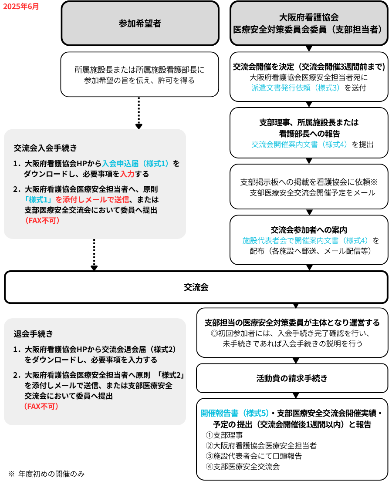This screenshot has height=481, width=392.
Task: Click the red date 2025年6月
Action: [x=21, y=7]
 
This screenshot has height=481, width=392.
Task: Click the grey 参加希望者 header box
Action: [x=140, y=24]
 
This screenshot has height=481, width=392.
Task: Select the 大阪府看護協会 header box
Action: [x=309, y=24]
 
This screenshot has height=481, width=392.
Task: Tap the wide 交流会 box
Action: [x=196, y=287]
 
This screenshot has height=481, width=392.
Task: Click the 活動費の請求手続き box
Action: [x=292, y=378]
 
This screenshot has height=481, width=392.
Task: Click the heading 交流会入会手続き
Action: [x=45, y=147]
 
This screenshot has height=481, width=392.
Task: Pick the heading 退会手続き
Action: [x=34, y=334]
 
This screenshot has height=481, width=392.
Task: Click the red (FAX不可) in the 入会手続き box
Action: [x=42, y=221]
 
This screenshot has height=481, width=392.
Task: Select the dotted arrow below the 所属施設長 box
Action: [x=139, y=113]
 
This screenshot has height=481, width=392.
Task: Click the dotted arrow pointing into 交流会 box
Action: [x=94, y=255]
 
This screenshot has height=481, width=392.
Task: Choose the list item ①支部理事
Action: [x=224, y=435]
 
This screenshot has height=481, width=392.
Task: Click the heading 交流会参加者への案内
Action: [x=309, y=230]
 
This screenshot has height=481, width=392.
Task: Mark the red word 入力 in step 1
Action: [x=127, y=174]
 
